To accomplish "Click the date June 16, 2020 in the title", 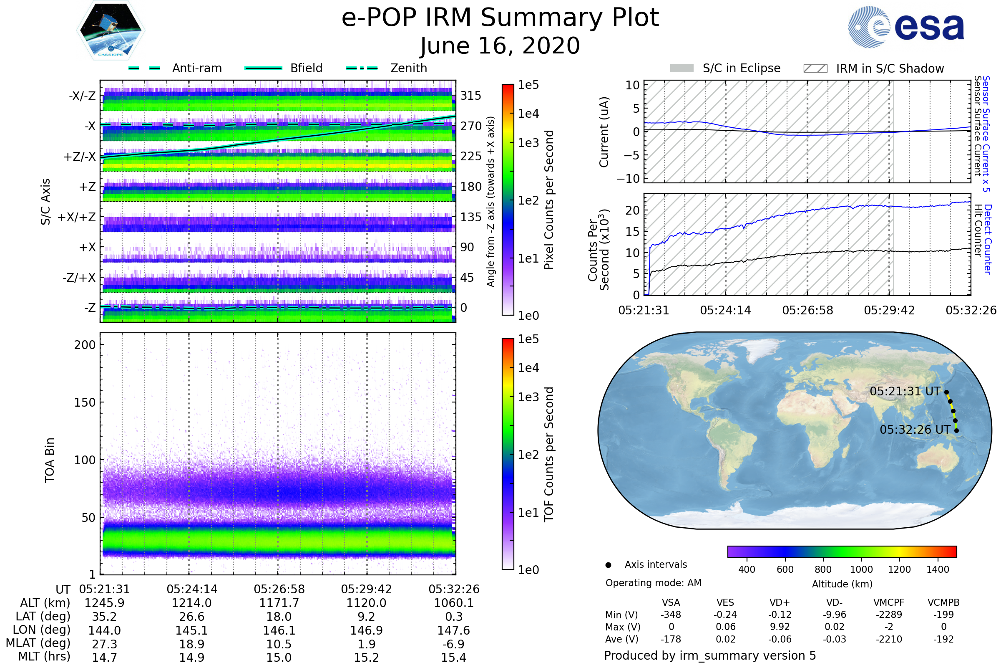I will (x=500, y=46).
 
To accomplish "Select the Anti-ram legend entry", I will (x=196, y=68).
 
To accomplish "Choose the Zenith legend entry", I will (x=408, y=68).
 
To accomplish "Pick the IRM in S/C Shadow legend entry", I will (x=890, y=68).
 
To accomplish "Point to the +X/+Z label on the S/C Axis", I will (x=77, y=217).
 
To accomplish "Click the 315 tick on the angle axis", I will (x=471, y=96).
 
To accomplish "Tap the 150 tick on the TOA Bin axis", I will (x=85, y=402).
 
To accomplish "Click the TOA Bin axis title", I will (x=50, y=460).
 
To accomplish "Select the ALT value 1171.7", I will (x=279, y=603).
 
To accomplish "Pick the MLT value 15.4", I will (x=454, y=657).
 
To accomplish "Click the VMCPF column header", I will (x=889, y=602).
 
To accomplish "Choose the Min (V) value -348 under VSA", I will (x=671, y=615).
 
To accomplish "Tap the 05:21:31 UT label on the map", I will (x=905, y=391).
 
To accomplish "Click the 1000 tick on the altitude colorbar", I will (x=861, y=569).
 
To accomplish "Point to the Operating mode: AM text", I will (x=653, y=583).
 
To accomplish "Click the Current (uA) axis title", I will (x=604, y=132).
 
